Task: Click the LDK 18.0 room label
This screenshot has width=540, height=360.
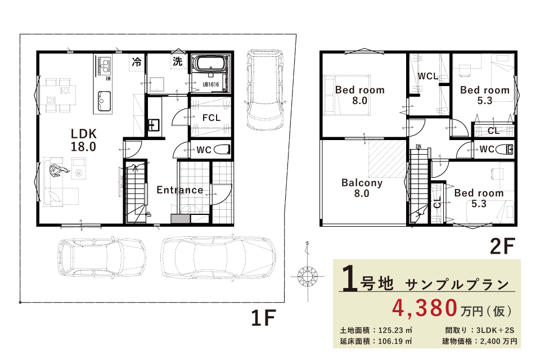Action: pyautogui.click(x=84, y=140)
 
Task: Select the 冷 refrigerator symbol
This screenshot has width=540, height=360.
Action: pyautogui.click(x=137, y=62)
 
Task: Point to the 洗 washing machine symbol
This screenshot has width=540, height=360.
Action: pyautogui.click(x=178, y=62)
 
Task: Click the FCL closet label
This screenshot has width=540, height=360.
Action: pyautogui.click(x=211, y=118)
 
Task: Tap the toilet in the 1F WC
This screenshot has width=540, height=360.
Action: pyautogui.click(x=222, y=150)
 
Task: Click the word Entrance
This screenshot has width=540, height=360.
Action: pyautogui.click(x=180, y=190)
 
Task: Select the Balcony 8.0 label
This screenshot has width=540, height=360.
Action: pyautogui.click(x=362, y=188)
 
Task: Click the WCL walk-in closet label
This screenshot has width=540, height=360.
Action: pyautogui.click(x=427, y=76)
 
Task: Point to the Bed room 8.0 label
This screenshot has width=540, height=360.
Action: pyautogui.click(x=360, y=95)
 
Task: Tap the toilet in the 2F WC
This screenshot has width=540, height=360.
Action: pyautogui.click(x=505, y=149)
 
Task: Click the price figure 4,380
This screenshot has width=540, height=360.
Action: pyautogui.click(x=425, y=308)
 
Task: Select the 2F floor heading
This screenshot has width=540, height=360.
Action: pyautogui.click(x=502, y=246)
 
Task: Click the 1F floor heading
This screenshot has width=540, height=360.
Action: pyautogui.click(x=263, y=318)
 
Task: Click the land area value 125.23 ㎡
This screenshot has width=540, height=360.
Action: pyautogui.click(x=395, y=330)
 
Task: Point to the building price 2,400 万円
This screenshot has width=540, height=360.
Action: pyautogui.click(x=499, y=341)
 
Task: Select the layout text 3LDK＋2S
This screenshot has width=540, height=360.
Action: pyautogui.click(x=495, y=330)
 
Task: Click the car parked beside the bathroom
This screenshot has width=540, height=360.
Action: pyautogui.click(x=265, y=90)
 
